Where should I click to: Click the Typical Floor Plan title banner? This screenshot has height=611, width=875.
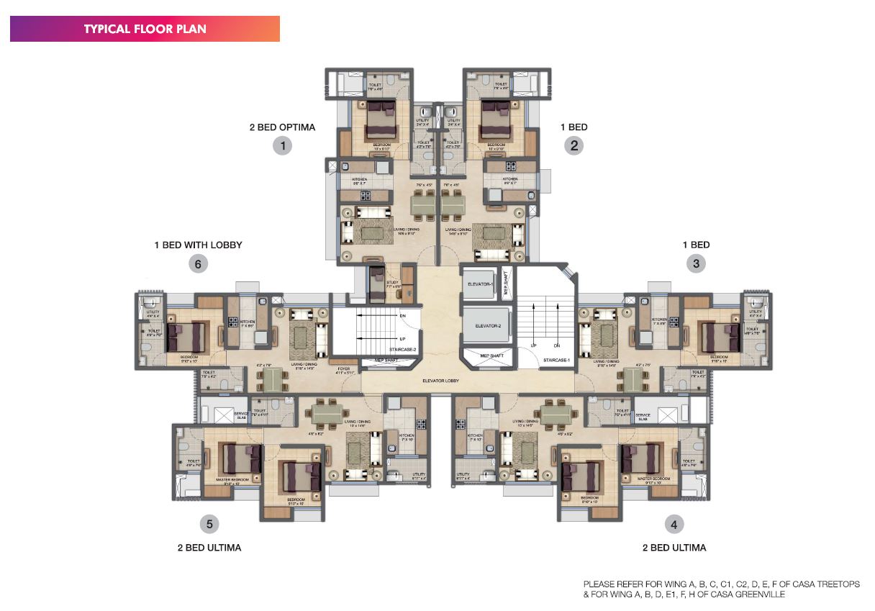click(145, 29)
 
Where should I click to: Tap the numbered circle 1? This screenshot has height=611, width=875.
click(284, 146)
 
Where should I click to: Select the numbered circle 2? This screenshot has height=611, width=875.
click(573, 146)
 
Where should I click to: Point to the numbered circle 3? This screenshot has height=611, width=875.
click(696, 263)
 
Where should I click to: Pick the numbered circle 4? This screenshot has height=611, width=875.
click(674, 524)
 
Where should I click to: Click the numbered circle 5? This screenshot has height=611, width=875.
click(209, 524)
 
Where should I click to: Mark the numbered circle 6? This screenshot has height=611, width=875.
click(199, 264)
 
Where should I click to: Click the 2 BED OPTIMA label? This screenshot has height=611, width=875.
click(282, 127)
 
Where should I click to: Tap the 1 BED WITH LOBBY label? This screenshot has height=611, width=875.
click(198, 245)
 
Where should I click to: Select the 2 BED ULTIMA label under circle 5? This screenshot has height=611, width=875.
click(209, 548)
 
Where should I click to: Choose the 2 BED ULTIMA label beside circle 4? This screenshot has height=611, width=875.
click(674, 548)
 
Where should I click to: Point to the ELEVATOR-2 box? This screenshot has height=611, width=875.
click(486, 326)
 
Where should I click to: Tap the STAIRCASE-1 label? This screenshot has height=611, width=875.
click(556, 359)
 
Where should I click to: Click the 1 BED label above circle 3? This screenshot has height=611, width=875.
click(696, 245)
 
